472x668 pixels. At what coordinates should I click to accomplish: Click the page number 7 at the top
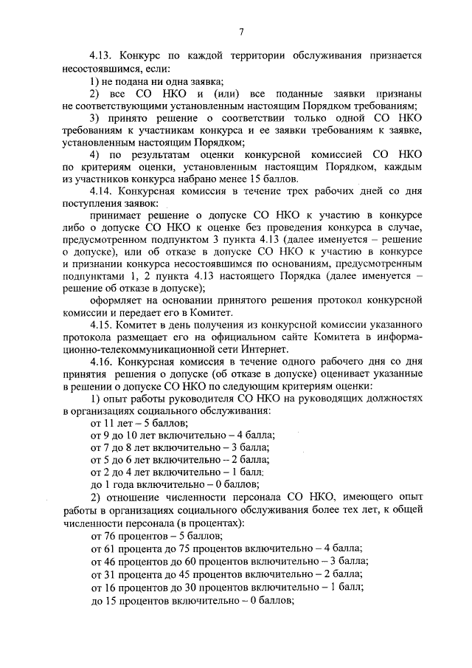click(x=241, y=30)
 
